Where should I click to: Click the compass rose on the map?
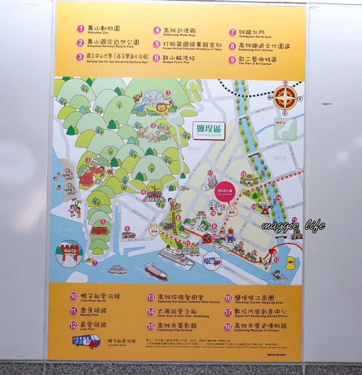[285, 98]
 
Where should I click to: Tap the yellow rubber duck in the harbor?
[290, 263]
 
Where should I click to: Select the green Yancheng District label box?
[209, 131]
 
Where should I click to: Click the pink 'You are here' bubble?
[224, 192]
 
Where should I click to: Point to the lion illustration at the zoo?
[163, 108]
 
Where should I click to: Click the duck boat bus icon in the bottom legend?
[86, 341]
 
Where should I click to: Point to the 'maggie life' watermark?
[293, 226]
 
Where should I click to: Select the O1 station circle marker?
[154, 229]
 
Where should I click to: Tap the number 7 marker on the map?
[95, 263]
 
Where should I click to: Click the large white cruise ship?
[176, 256]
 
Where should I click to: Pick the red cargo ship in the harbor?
[156, 271]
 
